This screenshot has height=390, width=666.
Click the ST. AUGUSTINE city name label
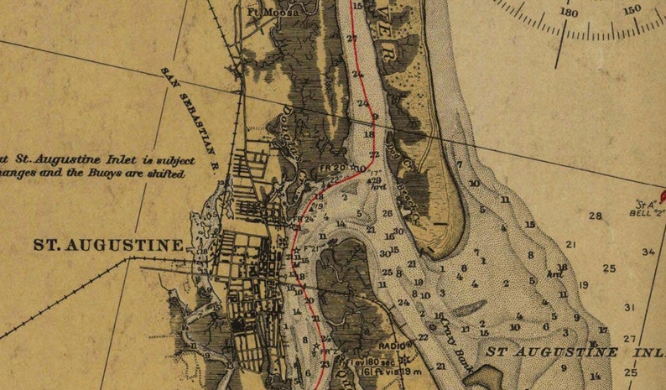coord(108,246)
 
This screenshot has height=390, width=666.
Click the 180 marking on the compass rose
coord(569,13)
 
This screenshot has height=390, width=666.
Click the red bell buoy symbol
coord(661,197)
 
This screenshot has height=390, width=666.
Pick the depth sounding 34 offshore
coord(648,252)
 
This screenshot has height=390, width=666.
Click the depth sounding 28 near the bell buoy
coord(596,216)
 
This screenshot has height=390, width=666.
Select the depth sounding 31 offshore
coord(629,308)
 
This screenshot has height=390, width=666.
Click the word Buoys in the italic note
coord(122,174)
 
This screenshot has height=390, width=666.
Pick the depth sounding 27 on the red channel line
coord(352,39)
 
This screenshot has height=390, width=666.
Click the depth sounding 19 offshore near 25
coord(584,285)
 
